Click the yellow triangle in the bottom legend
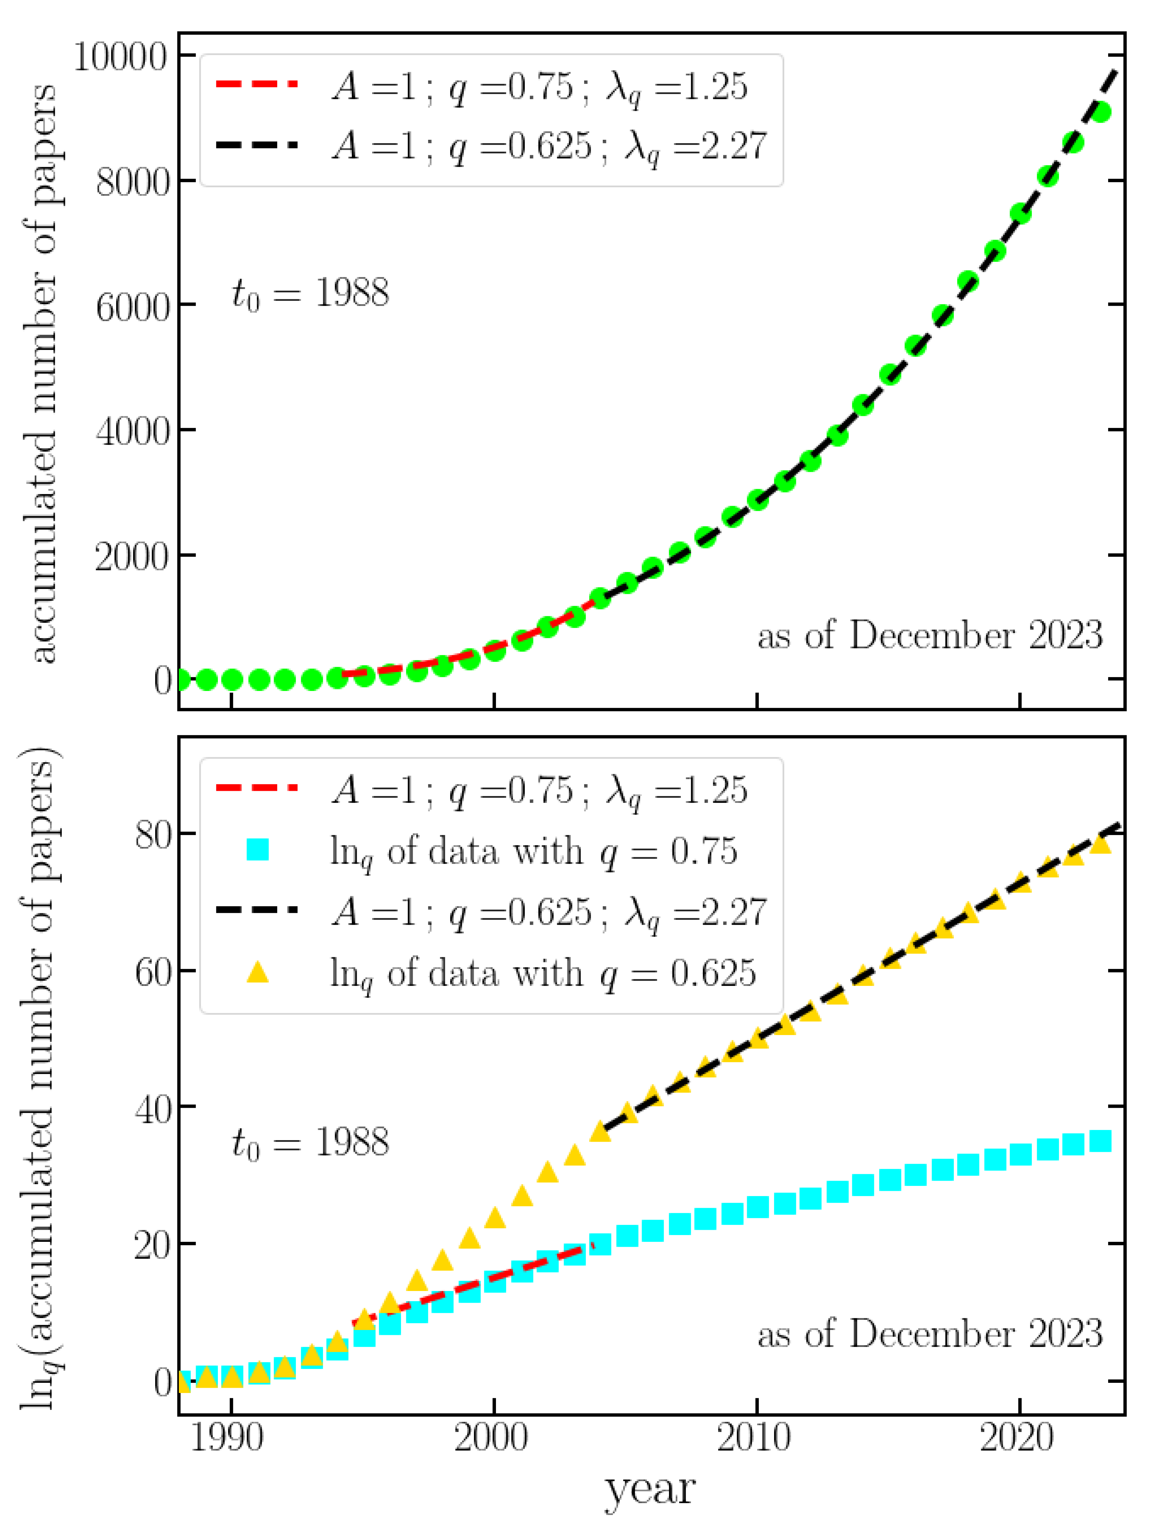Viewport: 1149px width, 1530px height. (257, 973)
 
